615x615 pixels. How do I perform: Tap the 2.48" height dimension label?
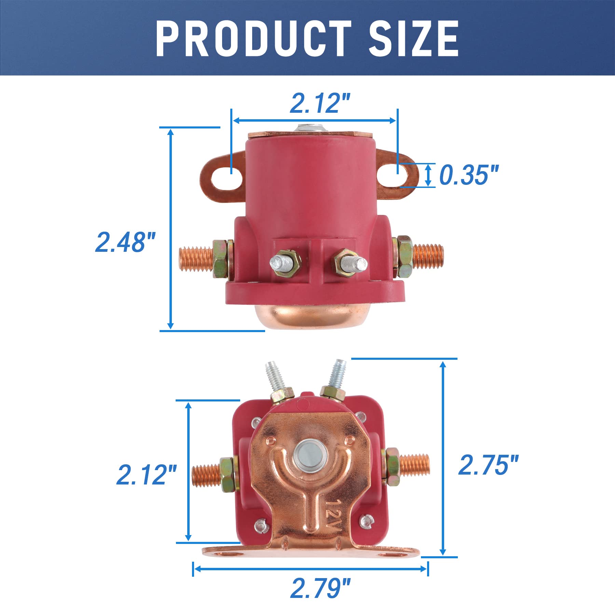pyautogui.click(x=125, y=243)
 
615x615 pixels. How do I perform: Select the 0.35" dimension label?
pyautogui.click(x=469, y=175)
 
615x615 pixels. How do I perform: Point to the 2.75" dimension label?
pyautogui.click(x=488, y=465)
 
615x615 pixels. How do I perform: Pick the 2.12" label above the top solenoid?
pyautogui.click(x=320, y=104)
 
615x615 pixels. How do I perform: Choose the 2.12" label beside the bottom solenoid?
pyautogui.click(x=146, y=475)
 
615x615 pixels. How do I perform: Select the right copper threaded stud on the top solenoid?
pyautogui.click(x=428, y=256)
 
